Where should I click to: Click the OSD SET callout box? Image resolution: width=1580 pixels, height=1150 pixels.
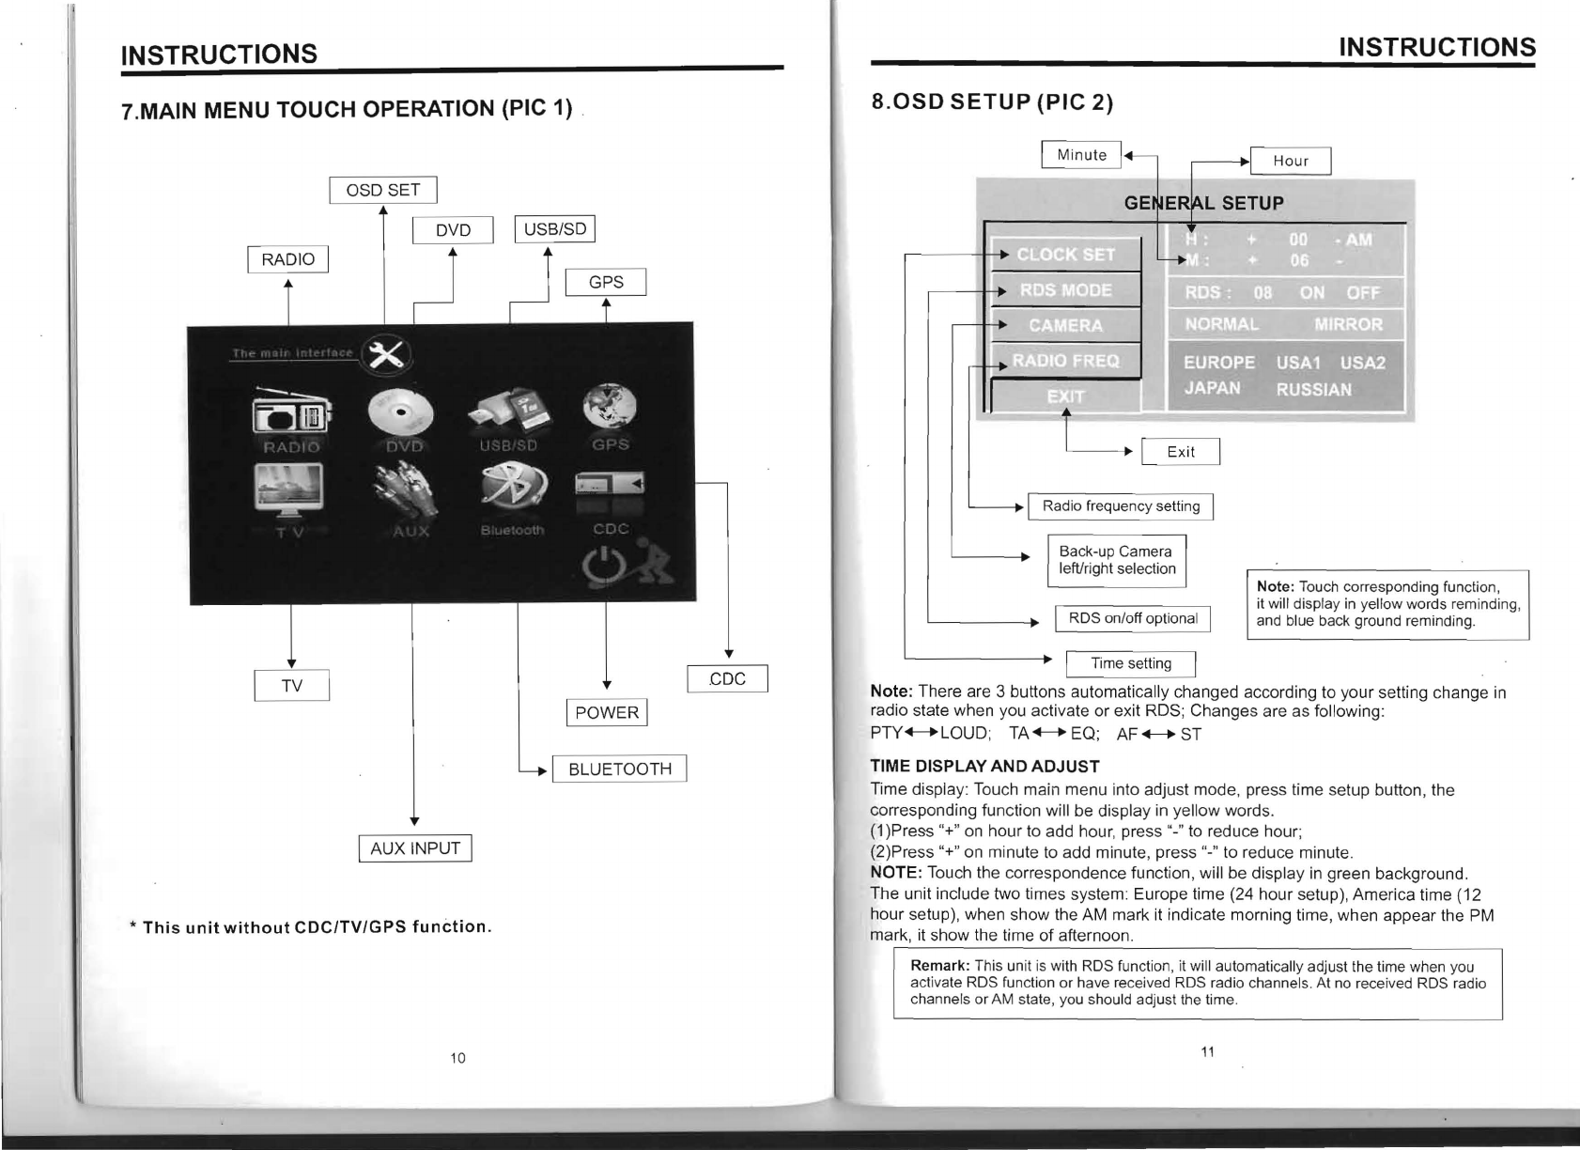click(x=383, y=190)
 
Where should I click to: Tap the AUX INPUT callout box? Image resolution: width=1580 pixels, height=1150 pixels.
click(x=415, y=848)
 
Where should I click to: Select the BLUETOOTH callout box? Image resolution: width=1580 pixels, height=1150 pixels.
click(x=620, y=769)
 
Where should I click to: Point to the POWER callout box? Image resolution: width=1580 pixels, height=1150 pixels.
click(x=607, y=712)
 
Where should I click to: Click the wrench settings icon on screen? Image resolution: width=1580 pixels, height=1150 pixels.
click(x=386, y=354)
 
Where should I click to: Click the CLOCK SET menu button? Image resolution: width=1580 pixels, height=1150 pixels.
click(x=1066, y=254)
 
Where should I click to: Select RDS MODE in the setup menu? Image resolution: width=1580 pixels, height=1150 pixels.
click(x=1066, y=289)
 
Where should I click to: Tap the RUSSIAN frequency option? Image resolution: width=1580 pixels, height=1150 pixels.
click(x=1313, y=389)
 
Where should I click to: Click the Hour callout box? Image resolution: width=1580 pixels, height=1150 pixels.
click(x=1291, y=161)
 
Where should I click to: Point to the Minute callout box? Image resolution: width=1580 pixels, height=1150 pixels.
click(x=1081, y=154)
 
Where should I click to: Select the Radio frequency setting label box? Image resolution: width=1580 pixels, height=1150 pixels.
click(x=1121, y=506)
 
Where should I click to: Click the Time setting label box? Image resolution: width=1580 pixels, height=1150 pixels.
click(x=1130, y=663)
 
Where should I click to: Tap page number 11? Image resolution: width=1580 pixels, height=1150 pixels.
click(x=1208, y=1050)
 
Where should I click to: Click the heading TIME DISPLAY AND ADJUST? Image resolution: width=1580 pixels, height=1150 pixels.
click(x=984, y=766)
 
